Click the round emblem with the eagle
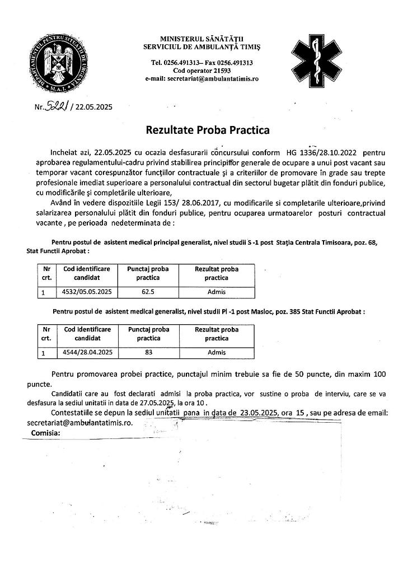(63, 59)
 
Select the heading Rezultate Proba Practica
(208, 130)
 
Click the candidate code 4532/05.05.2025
(87, 292)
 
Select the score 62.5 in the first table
(148, 292)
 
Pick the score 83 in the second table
(148, 352)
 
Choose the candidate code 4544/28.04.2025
(87, 352)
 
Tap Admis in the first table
(216, 292)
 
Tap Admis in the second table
(216, 352)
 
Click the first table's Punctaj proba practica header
(148, 273)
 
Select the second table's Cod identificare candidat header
(87, 334)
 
